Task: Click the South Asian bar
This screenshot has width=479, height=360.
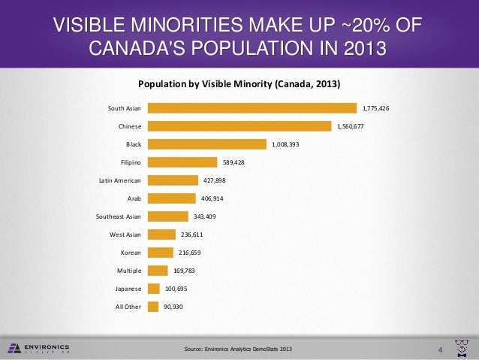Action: [252, 108]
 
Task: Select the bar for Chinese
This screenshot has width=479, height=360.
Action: [239, 126]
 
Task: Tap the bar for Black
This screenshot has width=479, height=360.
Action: [206, 144]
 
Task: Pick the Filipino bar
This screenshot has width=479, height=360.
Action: [182, 162]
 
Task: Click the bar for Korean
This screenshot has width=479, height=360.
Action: [160, 253]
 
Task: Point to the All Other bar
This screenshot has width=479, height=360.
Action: [153, 307]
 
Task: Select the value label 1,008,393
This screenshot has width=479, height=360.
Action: [285, 144]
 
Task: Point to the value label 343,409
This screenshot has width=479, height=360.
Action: [205, 216]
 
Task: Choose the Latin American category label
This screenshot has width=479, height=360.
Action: [120, 180]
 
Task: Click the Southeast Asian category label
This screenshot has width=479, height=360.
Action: [118, 216]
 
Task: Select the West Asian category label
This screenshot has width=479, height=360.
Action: [125, 234]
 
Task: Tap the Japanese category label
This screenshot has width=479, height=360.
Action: [127, 289]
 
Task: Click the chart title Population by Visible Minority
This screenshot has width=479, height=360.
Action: [237, 83]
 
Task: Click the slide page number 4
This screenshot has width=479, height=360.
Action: [441, 349]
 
